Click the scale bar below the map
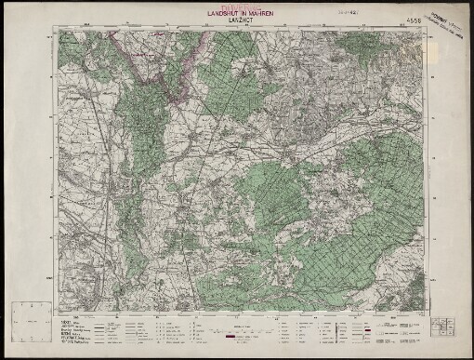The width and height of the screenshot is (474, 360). (x=237, y=327)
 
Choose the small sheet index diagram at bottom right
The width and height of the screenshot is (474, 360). (x=441, y=327)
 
